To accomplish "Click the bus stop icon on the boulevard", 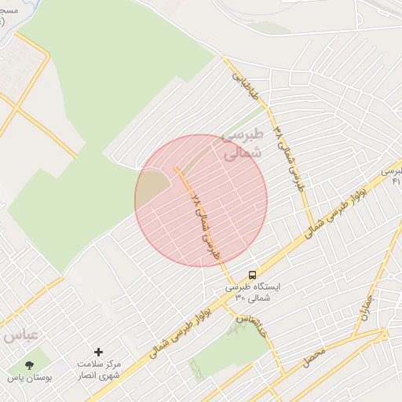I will pos(252,275).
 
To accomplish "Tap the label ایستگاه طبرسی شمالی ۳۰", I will pos(252,292).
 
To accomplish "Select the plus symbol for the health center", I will pos(98,352).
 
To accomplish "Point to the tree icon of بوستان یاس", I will pos(30,365).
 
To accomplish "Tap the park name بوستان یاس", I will pos(30,378).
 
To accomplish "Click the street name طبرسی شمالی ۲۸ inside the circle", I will pos(206,224).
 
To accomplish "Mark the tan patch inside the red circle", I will pos(154,188).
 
